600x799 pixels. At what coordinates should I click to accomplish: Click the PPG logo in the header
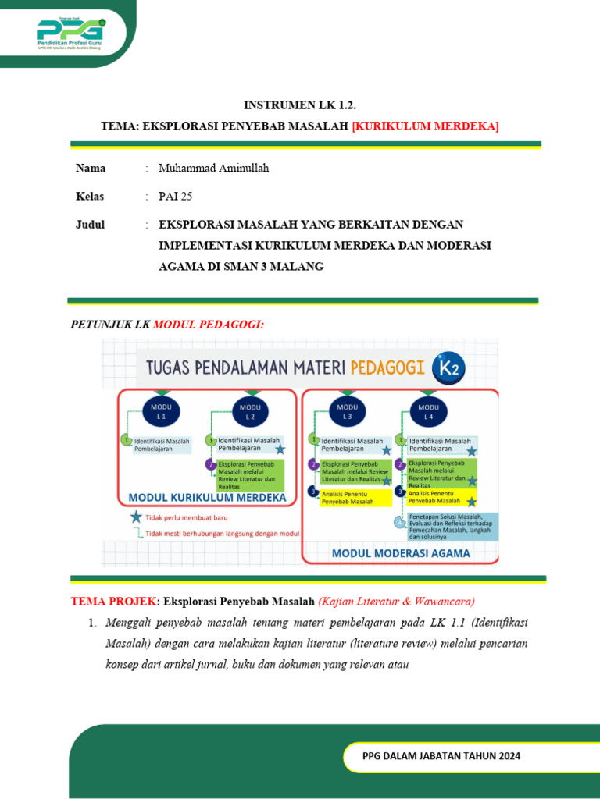70,32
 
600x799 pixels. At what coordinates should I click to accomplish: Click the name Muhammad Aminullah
213,168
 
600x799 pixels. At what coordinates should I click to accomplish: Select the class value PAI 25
175,196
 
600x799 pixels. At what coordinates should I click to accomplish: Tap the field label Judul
90,224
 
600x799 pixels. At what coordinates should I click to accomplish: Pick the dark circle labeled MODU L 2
250,411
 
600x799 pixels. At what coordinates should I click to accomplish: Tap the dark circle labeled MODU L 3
347,411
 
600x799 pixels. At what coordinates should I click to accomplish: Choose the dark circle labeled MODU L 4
428,411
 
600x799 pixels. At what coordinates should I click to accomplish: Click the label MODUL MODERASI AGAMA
402,553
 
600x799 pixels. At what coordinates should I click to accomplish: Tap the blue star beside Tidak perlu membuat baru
137,517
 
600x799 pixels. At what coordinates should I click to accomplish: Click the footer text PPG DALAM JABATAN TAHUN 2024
441,756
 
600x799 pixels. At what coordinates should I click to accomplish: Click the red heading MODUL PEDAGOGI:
209,324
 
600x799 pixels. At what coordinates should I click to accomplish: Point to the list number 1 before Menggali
91,623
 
